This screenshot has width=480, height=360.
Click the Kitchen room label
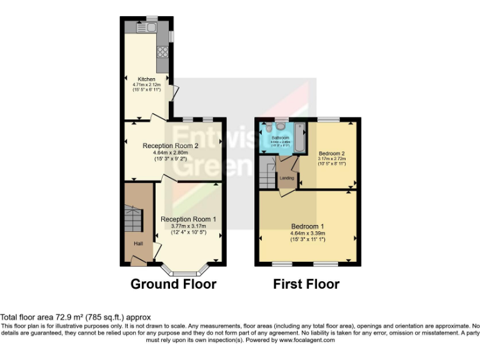coord(146,79)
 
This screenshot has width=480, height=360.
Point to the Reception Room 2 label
coord(171,146)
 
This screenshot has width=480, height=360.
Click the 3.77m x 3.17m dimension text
coord(188,226)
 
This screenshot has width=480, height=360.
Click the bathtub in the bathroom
coord(299,138)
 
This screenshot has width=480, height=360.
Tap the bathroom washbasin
coord(267,128)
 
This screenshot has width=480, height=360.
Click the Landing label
coord(287,178)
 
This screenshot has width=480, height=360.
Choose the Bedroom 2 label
coord(332,153)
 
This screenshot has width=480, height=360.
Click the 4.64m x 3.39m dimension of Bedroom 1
coord(307,232)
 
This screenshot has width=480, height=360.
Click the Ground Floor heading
coord(173,284)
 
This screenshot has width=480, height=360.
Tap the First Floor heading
coord(306,284)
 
